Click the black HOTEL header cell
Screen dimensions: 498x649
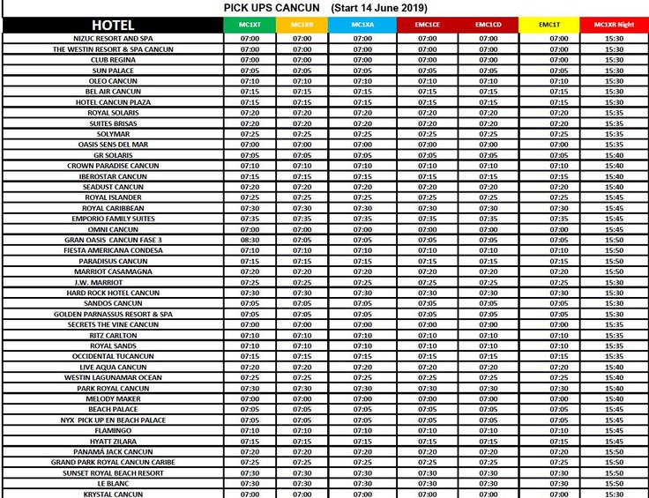tap(113, 25)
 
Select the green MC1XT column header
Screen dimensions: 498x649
tap(250, 25)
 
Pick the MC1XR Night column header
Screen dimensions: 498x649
tap(614, 25)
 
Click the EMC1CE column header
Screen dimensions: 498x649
tap(428, 25)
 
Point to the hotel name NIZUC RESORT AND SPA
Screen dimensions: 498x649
tap(113, 39)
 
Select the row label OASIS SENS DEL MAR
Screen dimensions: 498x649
tap(113, 145)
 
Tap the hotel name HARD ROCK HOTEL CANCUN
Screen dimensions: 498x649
tap(113, 293)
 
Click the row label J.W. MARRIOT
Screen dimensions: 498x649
tap(113, 282)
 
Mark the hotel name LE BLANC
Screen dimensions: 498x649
tap(113, 483)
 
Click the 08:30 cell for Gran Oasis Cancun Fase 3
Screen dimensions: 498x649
tap(250, 240)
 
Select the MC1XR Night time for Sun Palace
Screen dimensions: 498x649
tap(614, 71)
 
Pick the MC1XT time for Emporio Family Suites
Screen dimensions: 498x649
tap(250, 219)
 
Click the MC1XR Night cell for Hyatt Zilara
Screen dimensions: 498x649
tap(614, 441)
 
